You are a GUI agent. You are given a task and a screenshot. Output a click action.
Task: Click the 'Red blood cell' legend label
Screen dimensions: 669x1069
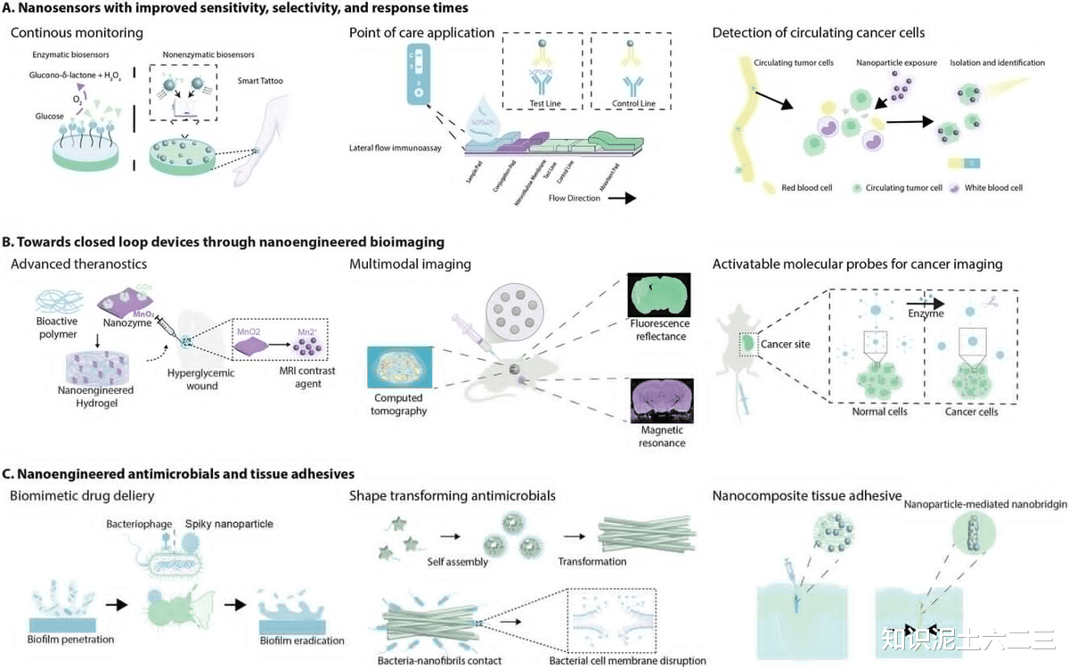(806, 188)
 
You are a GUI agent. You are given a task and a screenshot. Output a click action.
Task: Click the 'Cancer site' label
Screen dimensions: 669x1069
(785, 344)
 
